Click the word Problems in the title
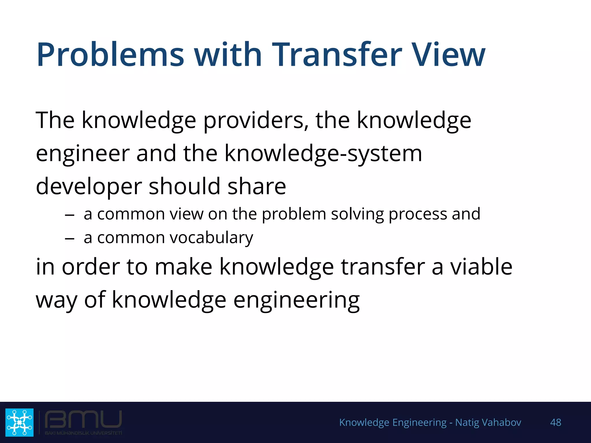pyautogui.click(x=110, y=55)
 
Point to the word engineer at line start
pyautogui.click(x=83, y=154)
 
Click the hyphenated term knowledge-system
pyautogui.click(x=323, y=154)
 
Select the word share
pyautogui.click(x=257, y=187)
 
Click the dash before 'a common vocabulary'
pyautogui.click(x=70, y=239)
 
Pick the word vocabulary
pyautogui.click(x=211, y=238)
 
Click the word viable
pyautogui.click(x=481, y=267)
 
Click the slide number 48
pyautogui.click(x=556, y=423)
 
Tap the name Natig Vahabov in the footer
pyautogui.click(x=488, y=423)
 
